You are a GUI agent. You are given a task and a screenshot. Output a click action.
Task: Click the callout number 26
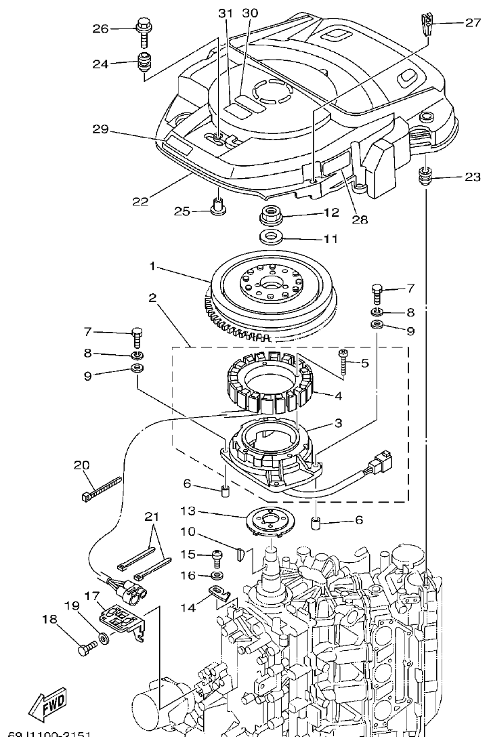point(100,28)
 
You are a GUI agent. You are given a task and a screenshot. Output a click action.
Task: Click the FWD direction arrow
point(48,706)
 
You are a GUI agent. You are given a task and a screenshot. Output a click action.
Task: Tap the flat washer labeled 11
point(272,237)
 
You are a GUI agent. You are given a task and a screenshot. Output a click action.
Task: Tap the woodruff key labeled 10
point(247,555)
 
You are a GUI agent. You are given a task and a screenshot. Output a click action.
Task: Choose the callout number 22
point(140,201)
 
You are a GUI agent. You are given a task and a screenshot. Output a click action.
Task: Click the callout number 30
point(250,14)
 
